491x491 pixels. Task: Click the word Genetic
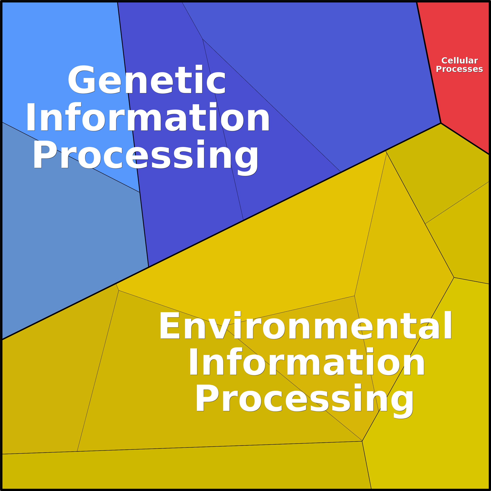147,80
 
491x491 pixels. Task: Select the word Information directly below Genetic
148,117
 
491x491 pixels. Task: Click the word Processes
459,69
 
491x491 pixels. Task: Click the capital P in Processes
439,69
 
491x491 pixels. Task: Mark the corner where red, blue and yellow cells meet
441,123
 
